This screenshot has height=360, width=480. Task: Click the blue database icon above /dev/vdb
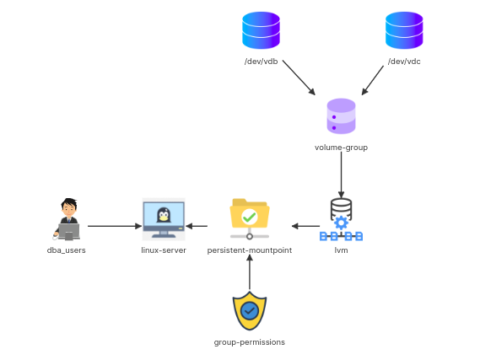click(261, 30)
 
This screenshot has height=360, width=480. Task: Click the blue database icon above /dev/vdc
click(404, 30)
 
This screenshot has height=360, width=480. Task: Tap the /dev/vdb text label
click(261, 62)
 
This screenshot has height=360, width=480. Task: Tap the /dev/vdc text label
click(404, 62)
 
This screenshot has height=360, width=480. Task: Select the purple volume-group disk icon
click(341, 116)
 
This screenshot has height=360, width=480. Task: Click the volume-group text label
click(341, 148)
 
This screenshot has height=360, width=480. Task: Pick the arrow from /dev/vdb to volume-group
click(298, 78)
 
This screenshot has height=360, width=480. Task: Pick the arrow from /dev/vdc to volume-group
click(378, 78)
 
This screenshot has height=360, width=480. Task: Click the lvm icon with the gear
click(341, 220)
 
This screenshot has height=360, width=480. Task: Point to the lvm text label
click(341, 250)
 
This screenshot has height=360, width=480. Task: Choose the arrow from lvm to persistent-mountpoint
click(305, 226)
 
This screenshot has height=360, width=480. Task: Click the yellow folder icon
click(249, 215)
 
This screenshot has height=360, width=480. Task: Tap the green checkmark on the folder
click(250, 218)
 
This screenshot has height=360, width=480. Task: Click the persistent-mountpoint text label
click(250, 250)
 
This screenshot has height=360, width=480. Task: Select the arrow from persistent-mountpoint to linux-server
click(197, 226)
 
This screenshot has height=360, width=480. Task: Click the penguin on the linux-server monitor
click(164, 216)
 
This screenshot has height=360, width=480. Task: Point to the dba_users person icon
click(67, 219)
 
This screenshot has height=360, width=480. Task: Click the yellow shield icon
click(249, 311)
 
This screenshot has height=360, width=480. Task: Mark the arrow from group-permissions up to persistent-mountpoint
click(250, 272)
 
